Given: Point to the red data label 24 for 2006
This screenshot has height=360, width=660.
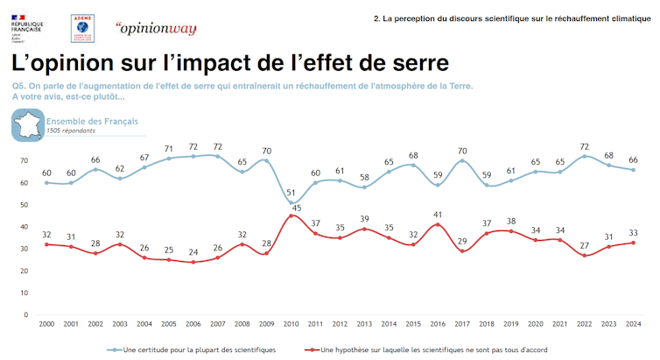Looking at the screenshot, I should (x=193, y=251).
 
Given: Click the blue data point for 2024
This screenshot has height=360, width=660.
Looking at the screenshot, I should (x=633, y=170).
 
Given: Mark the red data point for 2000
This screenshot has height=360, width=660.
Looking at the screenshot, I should (x=46, y=244).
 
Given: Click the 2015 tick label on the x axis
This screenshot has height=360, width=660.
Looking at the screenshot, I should (x=412, y=324).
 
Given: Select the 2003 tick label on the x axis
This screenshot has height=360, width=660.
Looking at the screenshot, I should (x=119, y=324).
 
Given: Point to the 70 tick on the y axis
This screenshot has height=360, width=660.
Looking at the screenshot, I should (x=26, y=161).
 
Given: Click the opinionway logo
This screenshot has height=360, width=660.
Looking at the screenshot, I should (x=155, y=27).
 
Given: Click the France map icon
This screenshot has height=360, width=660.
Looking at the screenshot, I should (x=27, y=125).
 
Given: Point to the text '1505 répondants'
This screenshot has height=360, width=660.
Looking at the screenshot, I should (x=71, y=131).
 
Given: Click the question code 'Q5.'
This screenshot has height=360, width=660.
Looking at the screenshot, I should (x=19, y=86).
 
